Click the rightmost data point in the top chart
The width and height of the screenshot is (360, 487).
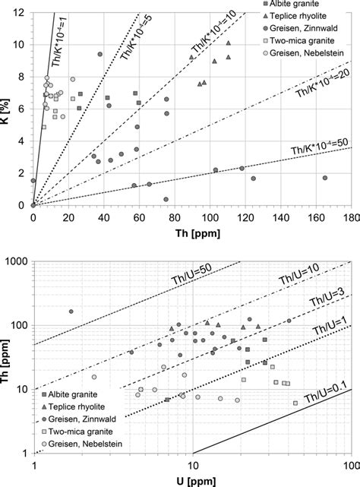(324, 178)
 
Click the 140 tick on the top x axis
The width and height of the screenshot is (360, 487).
(279, 217)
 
